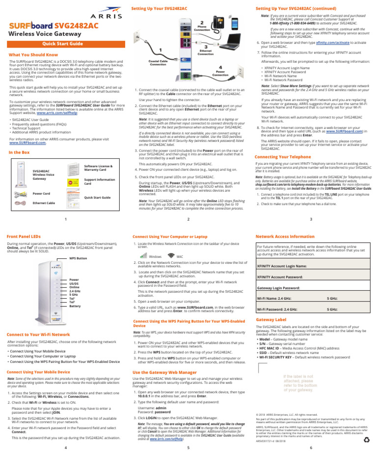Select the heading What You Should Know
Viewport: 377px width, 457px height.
click(30, 54)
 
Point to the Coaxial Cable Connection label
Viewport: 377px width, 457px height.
click(158, 63)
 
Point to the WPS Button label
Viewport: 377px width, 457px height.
click(78, 258)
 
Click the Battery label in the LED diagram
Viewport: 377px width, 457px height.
click(75, 305)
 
